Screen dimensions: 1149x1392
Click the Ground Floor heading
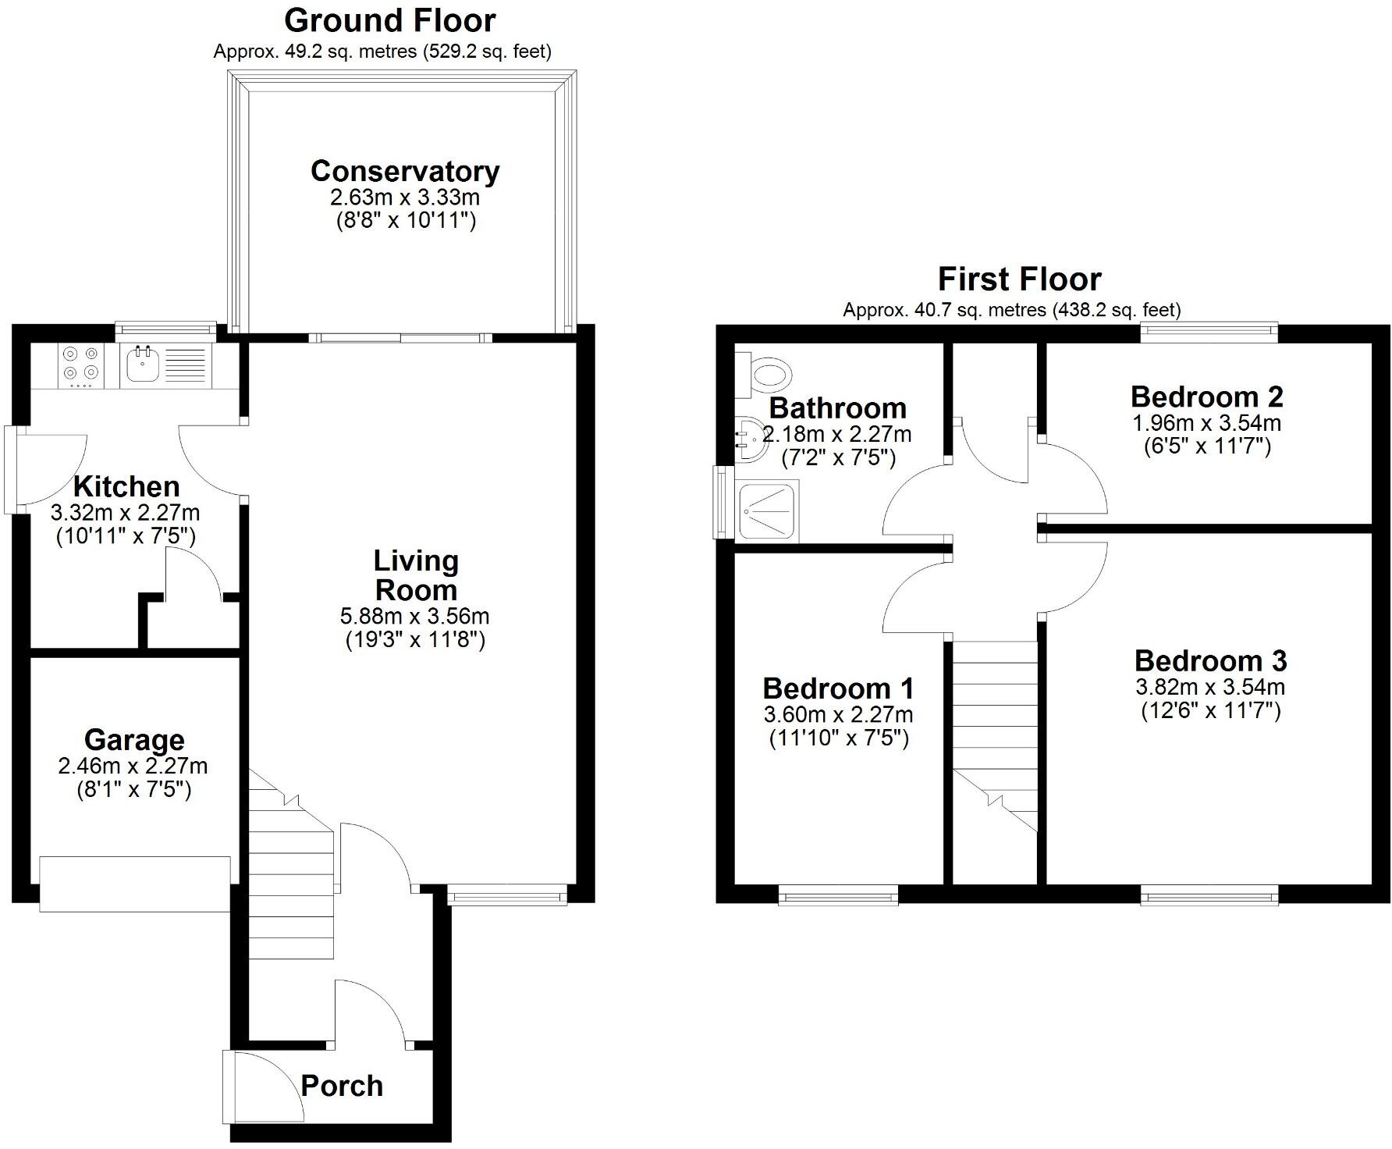coord(389,21)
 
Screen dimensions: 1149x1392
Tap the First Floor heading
coord(1019,279)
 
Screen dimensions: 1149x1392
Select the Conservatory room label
coord(404,171)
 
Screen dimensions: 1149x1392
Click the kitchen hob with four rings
coord(81,366)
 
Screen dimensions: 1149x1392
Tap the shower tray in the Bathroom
coord(767,510)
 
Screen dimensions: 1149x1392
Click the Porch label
coord(342,1086)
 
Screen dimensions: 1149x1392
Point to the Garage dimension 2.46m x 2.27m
coord(133,766)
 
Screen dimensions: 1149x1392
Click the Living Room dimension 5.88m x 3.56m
coord(414,616)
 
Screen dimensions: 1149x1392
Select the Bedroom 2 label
coord(1206,397)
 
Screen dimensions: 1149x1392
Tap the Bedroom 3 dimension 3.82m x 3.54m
coord(1209,687)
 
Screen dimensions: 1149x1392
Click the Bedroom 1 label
coord(838,688)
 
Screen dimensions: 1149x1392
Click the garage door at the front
coord(135,884)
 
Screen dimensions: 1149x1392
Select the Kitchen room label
coord(126,486)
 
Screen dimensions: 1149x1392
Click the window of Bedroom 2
coord(1209,332)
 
